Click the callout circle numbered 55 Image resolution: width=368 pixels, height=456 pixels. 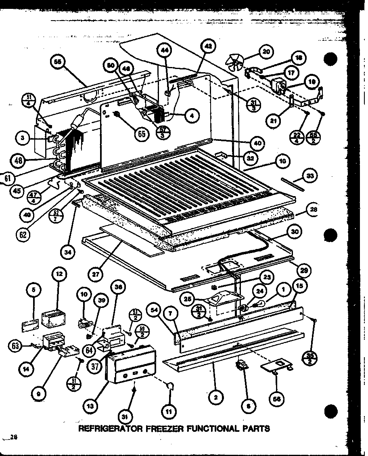coord(58,62)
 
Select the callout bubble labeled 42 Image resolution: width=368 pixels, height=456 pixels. coord(208,47)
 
